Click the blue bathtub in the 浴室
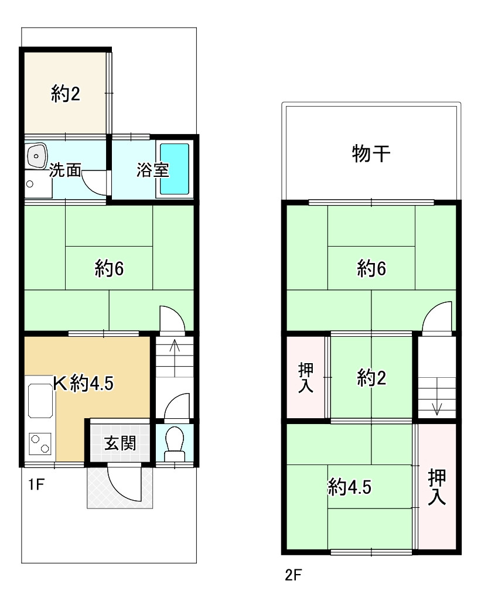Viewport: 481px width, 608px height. point(175,169)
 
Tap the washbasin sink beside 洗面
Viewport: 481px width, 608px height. point(36,156)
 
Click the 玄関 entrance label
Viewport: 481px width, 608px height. point(120,443)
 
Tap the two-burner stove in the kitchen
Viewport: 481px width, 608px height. point(40,445)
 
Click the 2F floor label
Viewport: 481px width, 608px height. point(293,575)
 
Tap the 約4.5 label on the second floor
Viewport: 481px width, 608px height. point(350,487)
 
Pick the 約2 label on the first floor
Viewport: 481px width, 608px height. point(66,94)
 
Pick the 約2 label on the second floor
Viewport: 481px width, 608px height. point(372,380)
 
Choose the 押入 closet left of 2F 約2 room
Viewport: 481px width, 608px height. point(306,378)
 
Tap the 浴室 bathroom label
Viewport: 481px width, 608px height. point(153,170)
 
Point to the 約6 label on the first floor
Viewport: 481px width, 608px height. point(110,269)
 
